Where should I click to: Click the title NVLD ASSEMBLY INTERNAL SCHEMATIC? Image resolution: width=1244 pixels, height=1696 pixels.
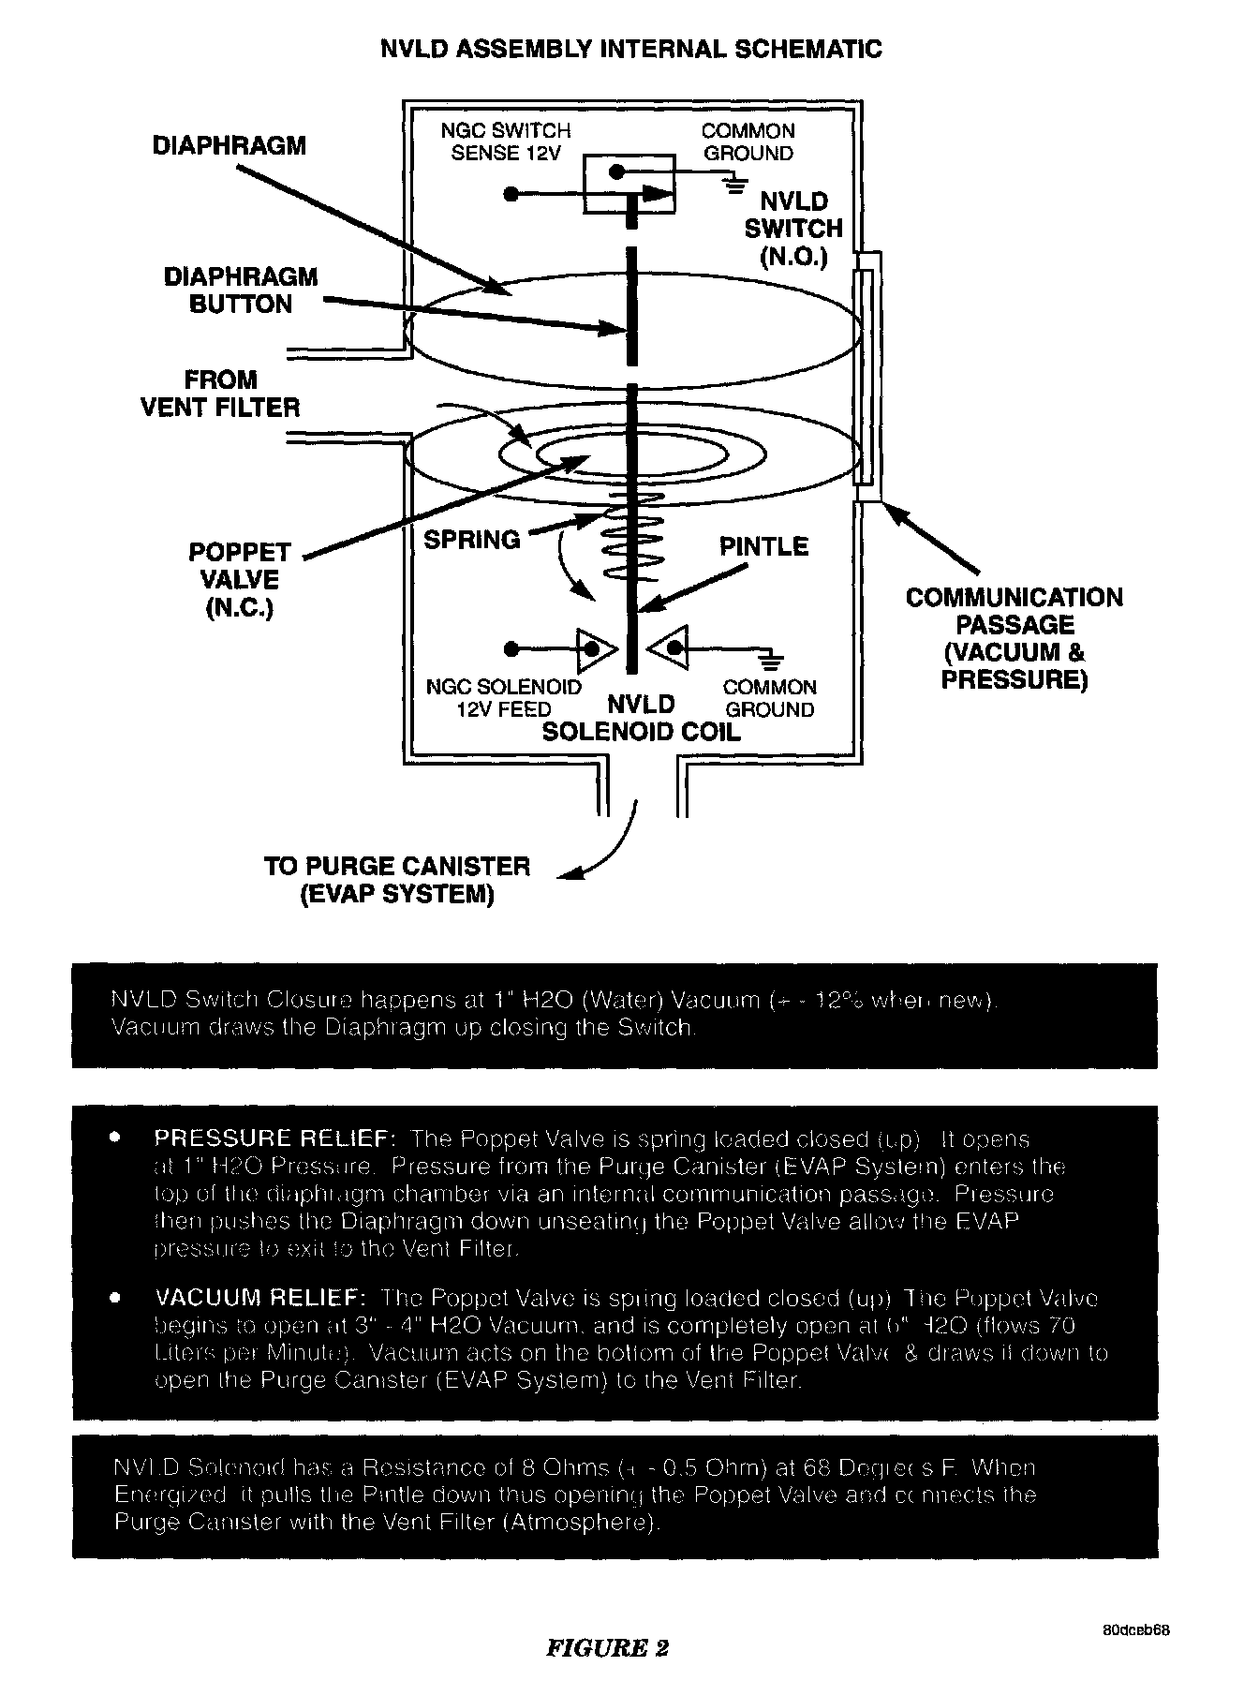pos(630,49)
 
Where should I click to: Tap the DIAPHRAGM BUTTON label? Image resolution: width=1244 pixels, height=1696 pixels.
pos(241,290)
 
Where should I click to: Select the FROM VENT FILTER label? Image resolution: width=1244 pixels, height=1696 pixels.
pos(220,394)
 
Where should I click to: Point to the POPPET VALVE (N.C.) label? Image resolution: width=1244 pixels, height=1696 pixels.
pos(241,579)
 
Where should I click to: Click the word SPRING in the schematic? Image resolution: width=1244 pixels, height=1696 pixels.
pos(471,540)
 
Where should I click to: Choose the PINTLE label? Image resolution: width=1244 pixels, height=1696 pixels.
pos(763,546)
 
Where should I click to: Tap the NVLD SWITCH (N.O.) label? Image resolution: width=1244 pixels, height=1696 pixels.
pos(793,229)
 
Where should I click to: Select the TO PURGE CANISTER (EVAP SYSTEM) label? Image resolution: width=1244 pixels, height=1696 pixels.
pos(397,880)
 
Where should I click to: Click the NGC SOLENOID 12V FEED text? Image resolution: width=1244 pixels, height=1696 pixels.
pos(504,698)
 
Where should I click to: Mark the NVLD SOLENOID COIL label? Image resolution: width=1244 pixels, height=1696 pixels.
pos(642,718)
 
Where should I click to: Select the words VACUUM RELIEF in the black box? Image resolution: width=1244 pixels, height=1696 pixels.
pos(259,1299)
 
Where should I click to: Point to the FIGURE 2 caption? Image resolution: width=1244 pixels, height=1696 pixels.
pos(607,1648)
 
